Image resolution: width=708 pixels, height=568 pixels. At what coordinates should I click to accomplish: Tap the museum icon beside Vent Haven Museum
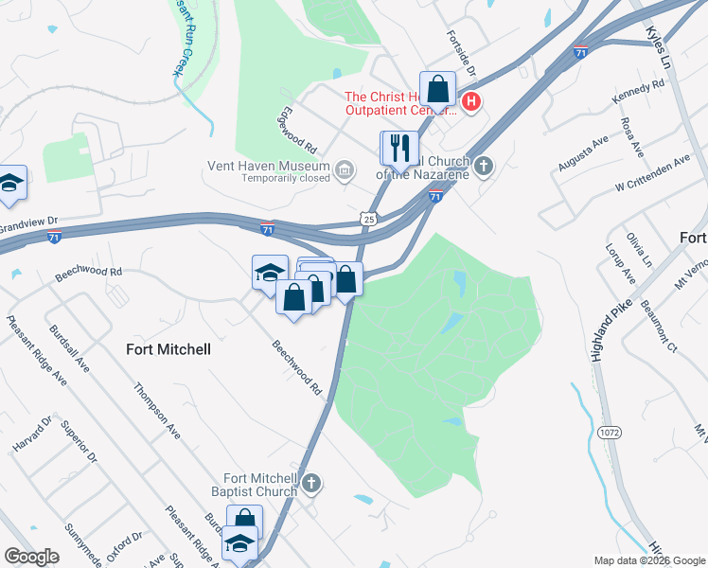tap(345, 170)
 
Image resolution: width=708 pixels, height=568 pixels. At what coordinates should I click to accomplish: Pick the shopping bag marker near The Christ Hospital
tap(437, 90)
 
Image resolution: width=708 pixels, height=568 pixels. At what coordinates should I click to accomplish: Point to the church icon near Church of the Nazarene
tap(484, 168)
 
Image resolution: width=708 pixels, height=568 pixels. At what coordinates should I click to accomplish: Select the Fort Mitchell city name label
tap(168, 349)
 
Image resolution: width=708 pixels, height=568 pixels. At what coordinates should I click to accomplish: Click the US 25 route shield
tap(368, 219)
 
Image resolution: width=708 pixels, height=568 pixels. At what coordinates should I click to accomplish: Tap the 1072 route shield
tap(610, 433)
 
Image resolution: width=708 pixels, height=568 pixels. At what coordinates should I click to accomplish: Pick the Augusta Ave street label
tap(582, 155)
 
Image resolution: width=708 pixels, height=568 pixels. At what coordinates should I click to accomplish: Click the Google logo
tap(32, 556)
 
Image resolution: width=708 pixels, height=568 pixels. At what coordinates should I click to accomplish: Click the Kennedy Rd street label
tap(639, 93)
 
